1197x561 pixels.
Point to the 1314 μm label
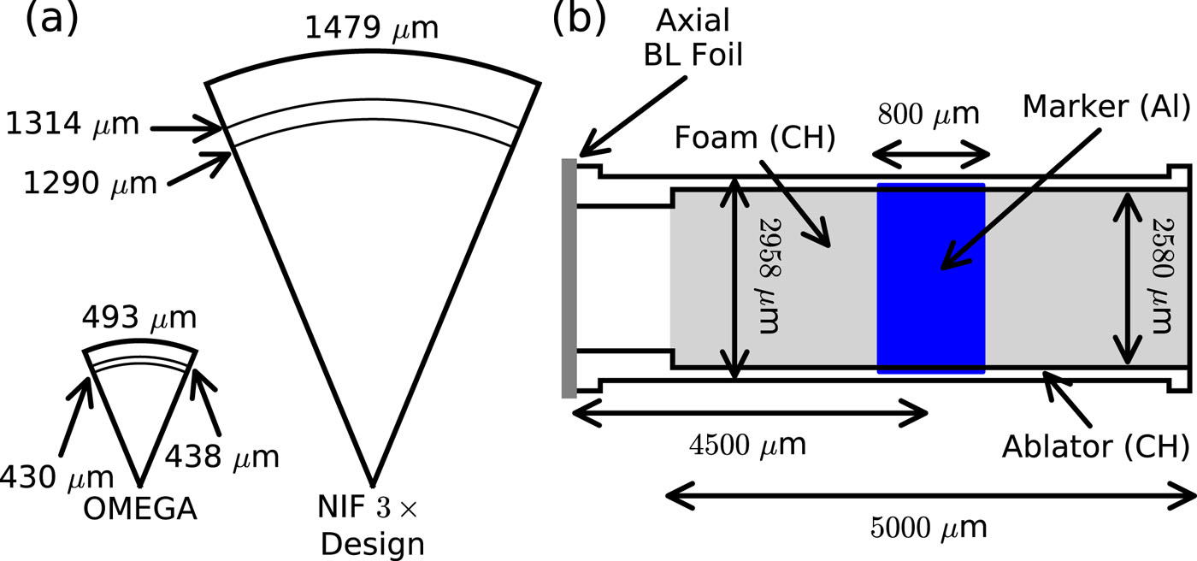pyautogui.click(x=71, y=125)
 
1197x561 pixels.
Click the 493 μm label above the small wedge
pyautogui.click(x=139, y=321)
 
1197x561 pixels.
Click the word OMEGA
pyautogui.click(x=140, y=510)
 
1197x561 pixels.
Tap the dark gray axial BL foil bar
pyautogui.click(x=569, y=278)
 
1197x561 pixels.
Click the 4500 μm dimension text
pyautogui.click(x=748, y=446)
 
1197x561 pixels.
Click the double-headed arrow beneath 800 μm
pyautogui.click(x=930, y=156)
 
